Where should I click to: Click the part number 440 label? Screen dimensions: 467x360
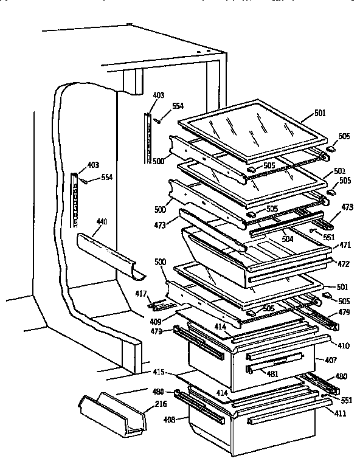click(x=102, y=223)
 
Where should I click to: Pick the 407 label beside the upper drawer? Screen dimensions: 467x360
click(x=330, y=360)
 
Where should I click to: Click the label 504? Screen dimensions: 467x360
click(x=287, y=239)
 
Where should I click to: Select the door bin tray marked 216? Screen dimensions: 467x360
click(x=112, y=416)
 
